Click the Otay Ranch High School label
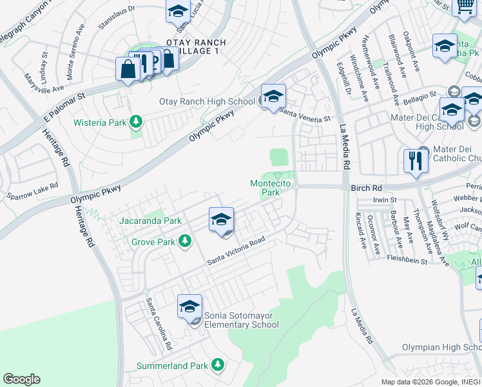(207, 101)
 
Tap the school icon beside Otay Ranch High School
(273, 97)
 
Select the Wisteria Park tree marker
(136, 121)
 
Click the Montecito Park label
(265, 188)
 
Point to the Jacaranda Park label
(150, 221)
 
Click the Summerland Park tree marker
(217, 365)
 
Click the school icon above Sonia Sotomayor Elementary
(189, 307)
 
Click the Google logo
(21, 379)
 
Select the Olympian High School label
(441, 347)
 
